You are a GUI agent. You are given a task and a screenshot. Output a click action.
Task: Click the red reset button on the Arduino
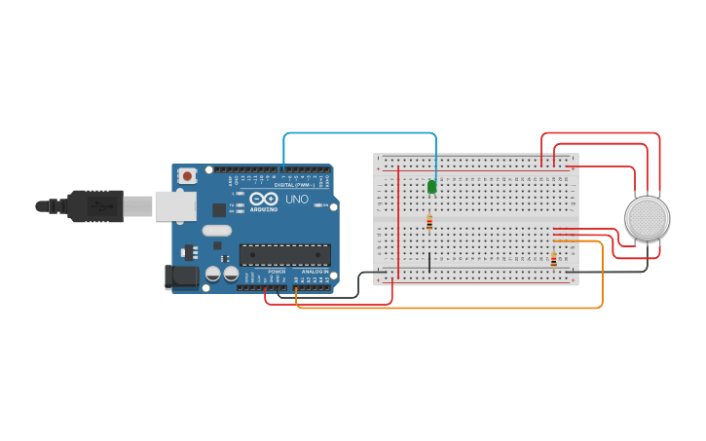(187, 176)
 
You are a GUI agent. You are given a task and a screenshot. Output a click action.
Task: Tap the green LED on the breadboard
(431, 186)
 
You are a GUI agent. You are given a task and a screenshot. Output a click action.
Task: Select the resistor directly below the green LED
(429, 223)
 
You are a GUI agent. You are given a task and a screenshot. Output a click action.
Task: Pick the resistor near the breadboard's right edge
(554, 260)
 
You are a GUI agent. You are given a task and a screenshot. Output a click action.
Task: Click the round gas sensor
(647, 218)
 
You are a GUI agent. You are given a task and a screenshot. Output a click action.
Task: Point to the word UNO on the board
(296, 200)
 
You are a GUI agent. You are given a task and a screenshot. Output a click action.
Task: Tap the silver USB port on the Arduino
(175, 205)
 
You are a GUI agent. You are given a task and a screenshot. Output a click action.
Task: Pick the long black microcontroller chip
(284, 255)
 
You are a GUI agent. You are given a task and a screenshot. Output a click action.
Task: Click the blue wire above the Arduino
(360, 133)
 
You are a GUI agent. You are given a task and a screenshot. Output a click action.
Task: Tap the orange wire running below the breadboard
(448, 308)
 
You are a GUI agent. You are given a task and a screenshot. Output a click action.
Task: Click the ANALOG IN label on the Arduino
(314, 272)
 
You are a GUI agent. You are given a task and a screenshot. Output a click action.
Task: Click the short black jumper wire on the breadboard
(429, 261)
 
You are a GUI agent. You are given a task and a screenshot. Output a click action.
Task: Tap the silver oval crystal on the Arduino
(217, 231)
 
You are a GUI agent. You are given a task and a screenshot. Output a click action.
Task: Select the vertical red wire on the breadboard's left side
(397, 224)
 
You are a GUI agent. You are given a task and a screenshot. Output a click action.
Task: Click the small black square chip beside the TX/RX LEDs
(219, 209)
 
